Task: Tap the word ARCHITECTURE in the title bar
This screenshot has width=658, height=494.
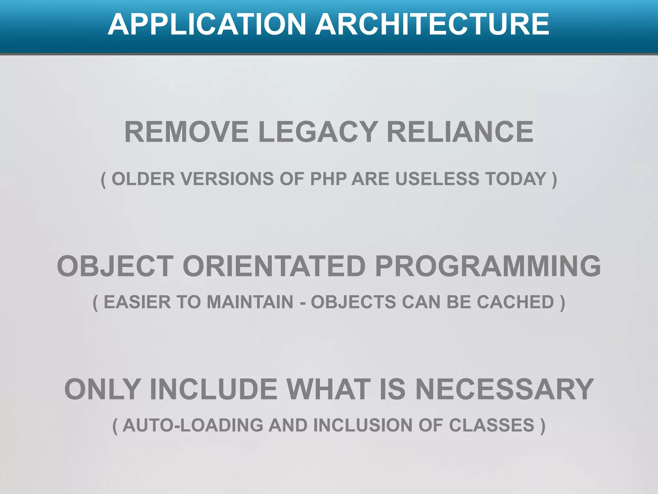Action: pos(432,24)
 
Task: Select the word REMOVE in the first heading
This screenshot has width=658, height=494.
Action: pos(186,132)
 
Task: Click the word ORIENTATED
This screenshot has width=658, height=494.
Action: pos(274,266)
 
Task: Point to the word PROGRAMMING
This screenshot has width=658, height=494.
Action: pos(488,266)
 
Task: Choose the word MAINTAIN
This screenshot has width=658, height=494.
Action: pos(250,302)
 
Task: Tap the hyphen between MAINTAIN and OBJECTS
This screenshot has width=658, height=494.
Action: pos(302,303)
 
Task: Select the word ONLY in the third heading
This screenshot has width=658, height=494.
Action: pos(102,389)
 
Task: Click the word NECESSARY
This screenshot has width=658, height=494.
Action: pos(504,389)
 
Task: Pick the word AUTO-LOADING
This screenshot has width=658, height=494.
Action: pos(193,425)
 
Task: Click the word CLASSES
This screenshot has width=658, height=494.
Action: pos(492,425)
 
